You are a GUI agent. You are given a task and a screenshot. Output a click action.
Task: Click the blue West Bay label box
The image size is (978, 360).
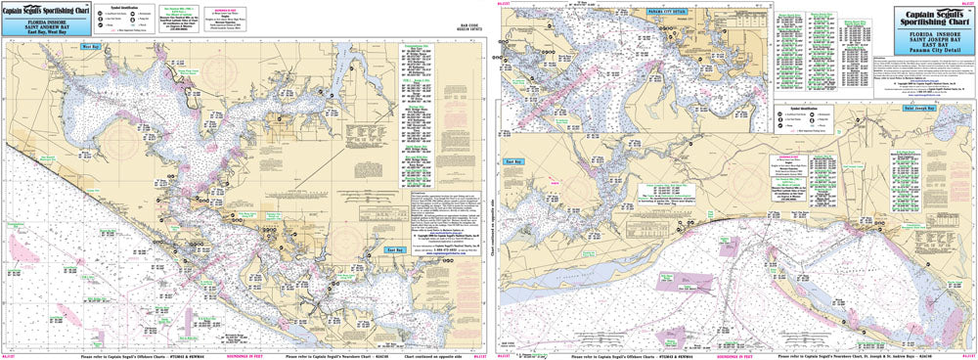pyautogui.click(x=89, y=46)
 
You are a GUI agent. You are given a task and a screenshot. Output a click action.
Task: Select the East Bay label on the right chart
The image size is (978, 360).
pyautogui.click(x=511, y=159)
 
